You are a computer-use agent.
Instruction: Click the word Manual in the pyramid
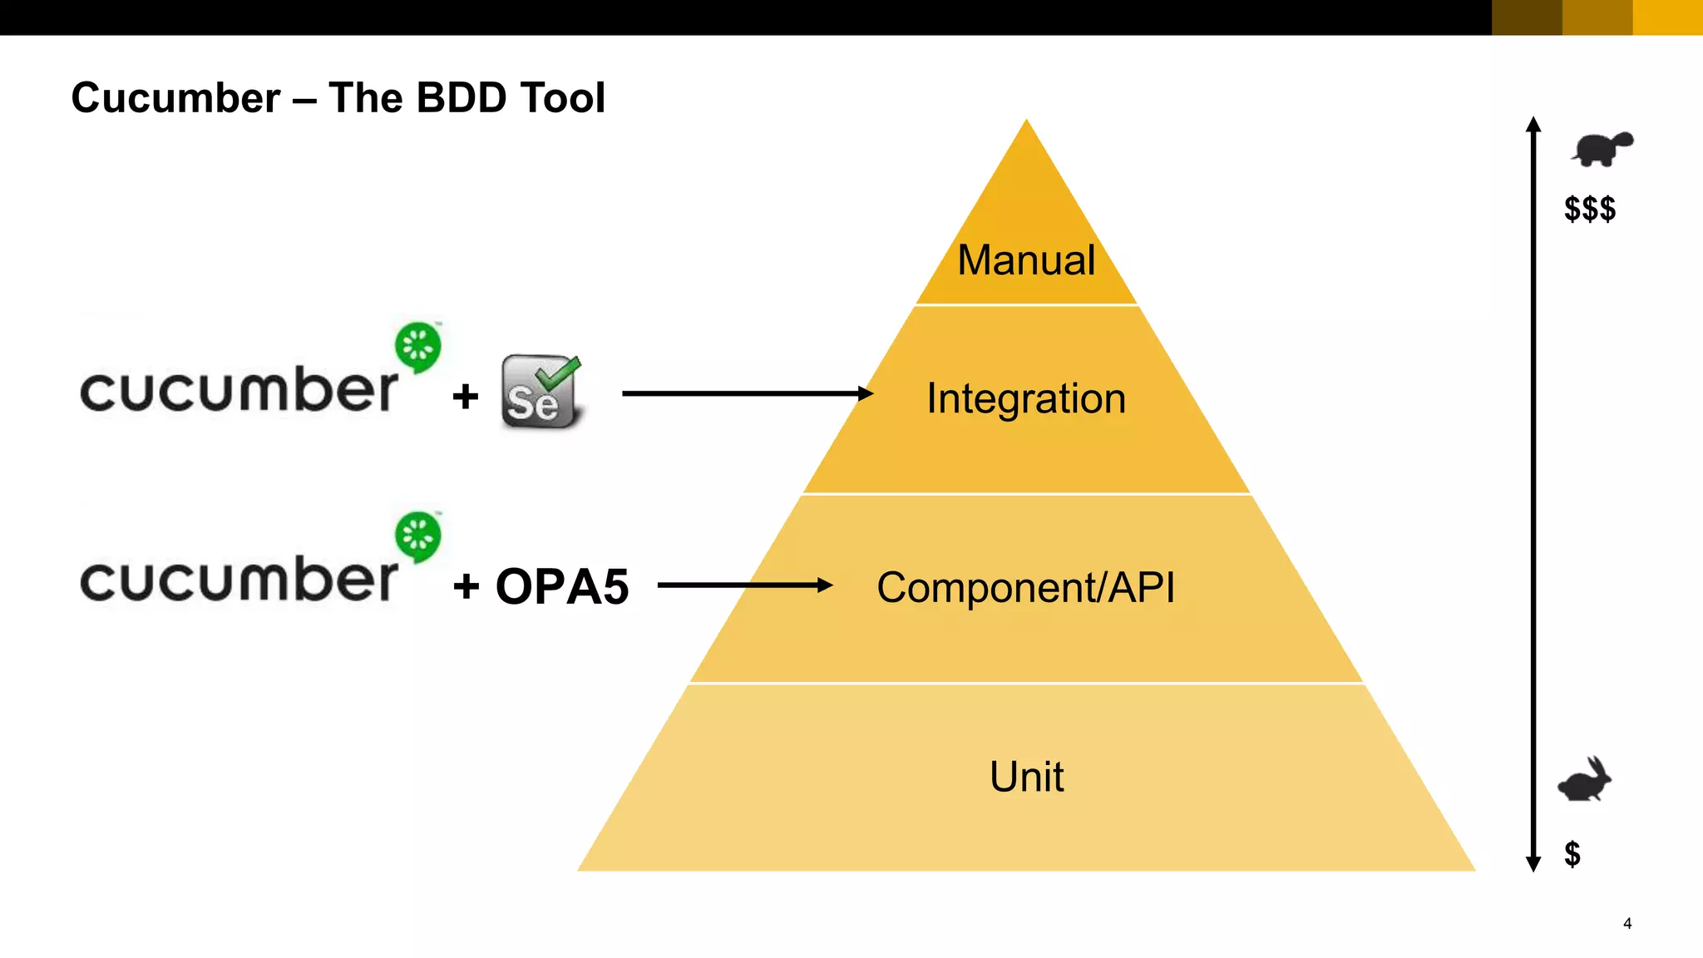point(1026,260)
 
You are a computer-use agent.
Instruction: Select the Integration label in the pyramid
point(1026,398)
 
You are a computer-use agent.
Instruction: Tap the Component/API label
point(1026,588)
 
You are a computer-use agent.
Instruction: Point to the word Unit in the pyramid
point(1026,777)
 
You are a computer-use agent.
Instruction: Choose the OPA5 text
point(562,586)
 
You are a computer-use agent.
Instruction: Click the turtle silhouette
point(1602,149)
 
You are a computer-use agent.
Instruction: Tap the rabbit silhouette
point(1585,780)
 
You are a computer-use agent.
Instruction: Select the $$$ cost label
point(1590,209)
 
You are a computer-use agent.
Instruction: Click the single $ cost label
point(1572,854)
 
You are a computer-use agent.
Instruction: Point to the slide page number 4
point(1627,923)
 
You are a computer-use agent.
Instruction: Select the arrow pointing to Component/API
point(744,585)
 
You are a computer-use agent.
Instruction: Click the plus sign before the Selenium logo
point(466,397)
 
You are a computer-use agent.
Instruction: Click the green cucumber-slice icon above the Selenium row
point(417,347)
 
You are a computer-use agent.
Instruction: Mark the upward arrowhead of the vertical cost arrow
point(1533,125)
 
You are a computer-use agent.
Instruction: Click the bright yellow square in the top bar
point(1667,17)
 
